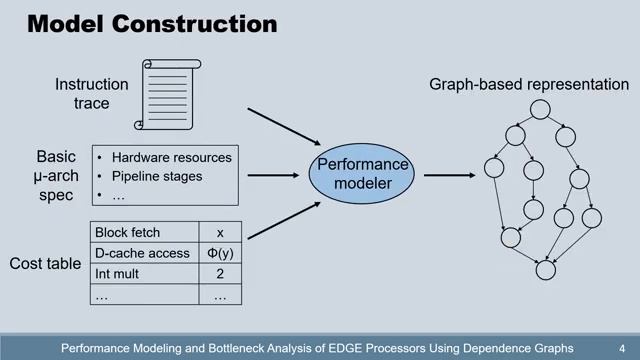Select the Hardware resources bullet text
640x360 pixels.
[171, 157]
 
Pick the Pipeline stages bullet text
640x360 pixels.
[157, 176]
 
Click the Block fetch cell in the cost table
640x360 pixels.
[127, 233]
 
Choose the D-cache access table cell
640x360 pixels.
[141, 254]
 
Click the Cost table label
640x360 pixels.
[45, 265]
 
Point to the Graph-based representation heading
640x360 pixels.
[529, 84]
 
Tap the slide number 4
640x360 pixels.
[621, 348]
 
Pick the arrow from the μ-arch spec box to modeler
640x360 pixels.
[274, 176]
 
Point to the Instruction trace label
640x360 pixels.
[91, 94]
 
